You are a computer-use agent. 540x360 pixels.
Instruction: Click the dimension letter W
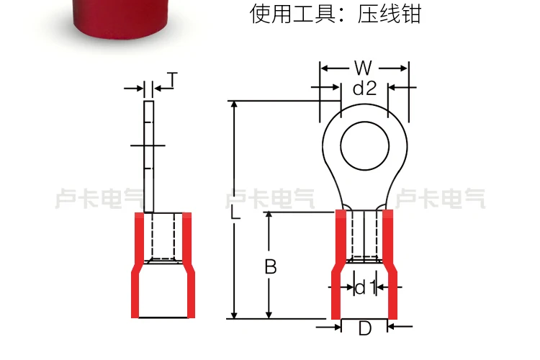[364, 68]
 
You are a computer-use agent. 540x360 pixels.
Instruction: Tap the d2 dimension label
[364, 89]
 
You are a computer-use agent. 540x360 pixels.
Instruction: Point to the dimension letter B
[270, 267]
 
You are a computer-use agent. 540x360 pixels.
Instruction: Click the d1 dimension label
[365, 288]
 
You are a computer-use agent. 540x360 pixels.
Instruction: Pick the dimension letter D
[364, 329]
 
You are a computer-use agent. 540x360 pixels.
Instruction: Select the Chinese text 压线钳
[389, 14]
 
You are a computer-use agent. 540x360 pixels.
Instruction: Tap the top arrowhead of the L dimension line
[235, 105]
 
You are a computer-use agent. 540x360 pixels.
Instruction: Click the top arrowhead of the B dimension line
[269, 217]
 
